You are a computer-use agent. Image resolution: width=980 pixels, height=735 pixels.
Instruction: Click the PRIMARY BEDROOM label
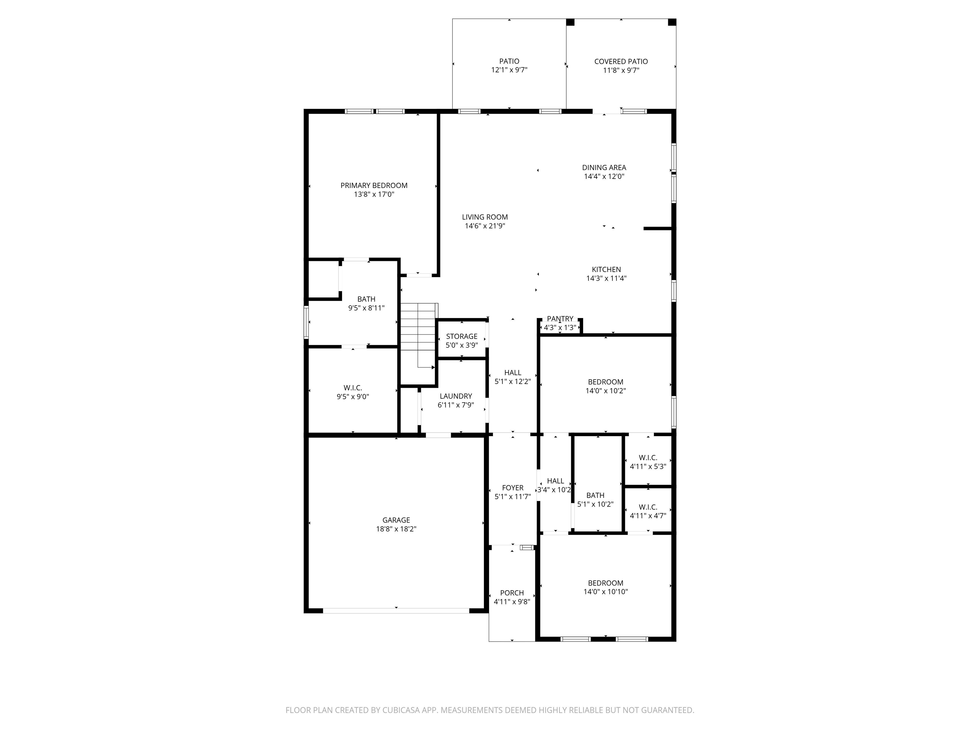[374, 186]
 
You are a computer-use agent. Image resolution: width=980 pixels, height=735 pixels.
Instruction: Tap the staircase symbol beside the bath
[419, 335]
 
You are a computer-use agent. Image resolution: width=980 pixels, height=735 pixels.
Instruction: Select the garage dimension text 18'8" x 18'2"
[396, 529]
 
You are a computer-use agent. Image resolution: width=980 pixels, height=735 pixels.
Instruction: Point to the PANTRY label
[560, 319]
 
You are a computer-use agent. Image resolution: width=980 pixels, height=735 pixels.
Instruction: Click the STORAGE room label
[462, 337]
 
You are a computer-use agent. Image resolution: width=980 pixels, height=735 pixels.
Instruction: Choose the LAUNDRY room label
[456, 397]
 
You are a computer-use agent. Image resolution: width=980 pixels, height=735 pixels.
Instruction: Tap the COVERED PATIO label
[621, 62]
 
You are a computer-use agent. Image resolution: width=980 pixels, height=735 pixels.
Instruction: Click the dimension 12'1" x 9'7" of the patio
[509, 70]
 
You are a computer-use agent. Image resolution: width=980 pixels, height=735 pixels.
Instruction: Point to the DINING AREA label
[604, 167]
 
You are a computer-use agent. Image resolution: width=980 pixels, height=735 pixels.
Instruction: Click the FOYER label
[513, 488]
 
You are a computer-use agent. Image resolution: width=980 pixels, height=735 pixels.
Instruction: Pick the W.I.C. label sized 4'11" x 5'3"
[648, 458]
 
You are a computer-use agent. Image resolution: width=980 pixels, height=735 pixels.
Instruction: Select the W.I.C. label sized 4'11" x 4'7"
[648, 507]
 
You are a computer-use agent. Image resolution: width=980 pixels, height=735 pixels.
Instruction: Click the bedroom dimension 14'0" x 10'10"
[605, 592]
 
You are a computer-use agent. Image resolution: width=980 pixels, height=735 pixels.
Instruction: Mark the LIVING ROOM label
[485, 217]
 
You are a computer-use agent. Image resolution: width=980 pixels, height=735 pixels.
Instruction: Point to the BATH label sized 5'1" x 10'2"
[595, 496]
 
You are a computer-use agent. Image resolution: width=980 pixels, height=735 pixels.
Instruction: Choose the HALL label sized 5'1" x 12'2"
[513, 373]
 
